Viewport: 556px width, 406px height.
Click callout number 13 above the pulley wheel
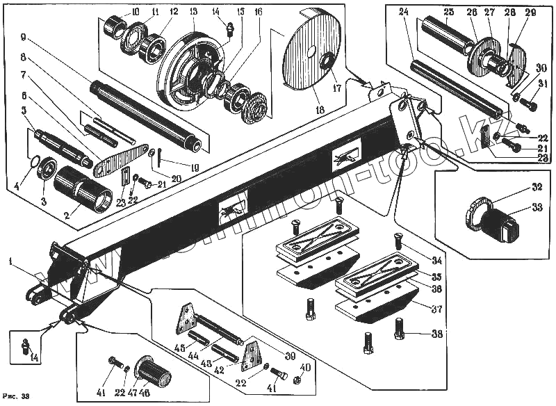(x=193, y=12)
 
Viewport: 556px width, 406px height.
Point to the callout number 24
(x=404, y=12)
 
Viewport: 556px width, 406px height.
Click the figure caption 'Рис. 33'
(x=16, y=396)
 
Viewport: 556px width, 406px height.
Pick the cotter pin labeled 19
(x=160, y=157)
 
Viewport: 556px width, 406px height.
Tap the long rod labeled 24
(x=452, y=86)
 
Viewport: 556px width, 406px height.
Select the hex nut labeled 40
(x=296, y=380)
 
